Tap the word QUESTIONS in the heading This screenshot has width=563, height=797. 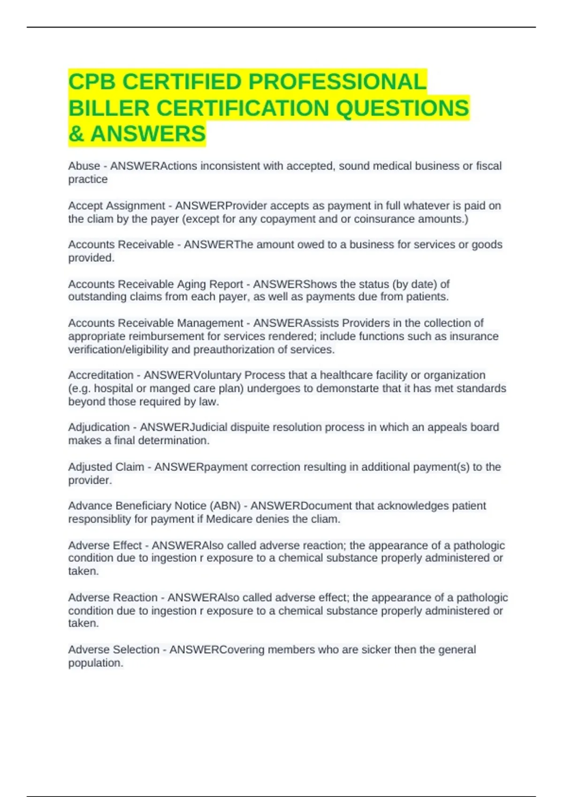tap(403, 108)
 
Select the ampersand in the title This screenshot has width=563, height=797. tap(76, 134)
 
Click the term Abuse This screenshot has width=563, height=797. tap(84, 166)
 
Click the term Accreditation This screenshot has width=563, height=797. tap(101, 375)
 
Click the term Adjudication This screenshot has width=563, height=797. tap(99, 427)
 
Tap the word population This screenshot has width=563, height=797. tap(95, 663)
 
